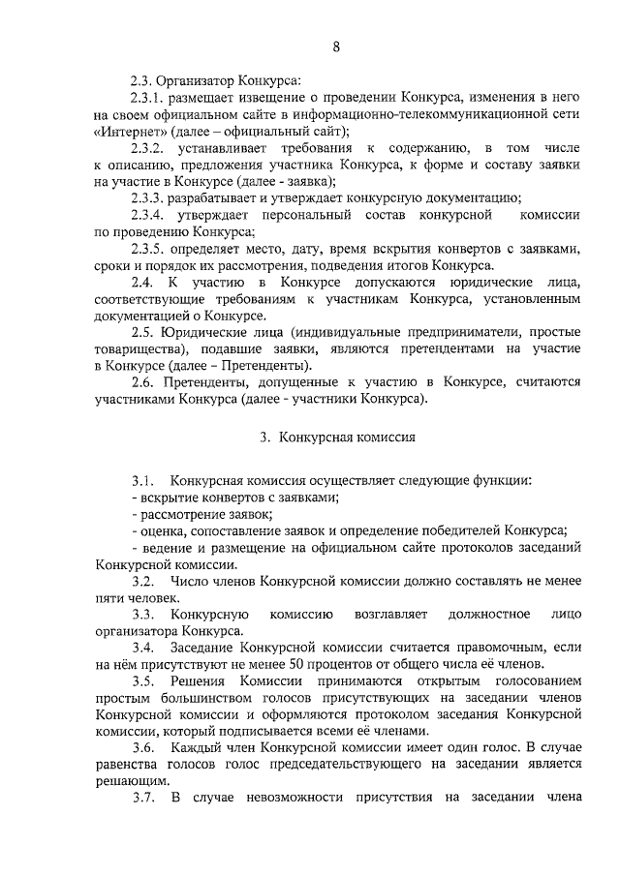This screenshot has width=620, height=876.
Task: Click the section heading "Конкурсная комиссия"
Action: click(347, 437)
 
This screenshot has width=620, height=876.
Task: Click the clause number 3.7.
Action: click(143, 799)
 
